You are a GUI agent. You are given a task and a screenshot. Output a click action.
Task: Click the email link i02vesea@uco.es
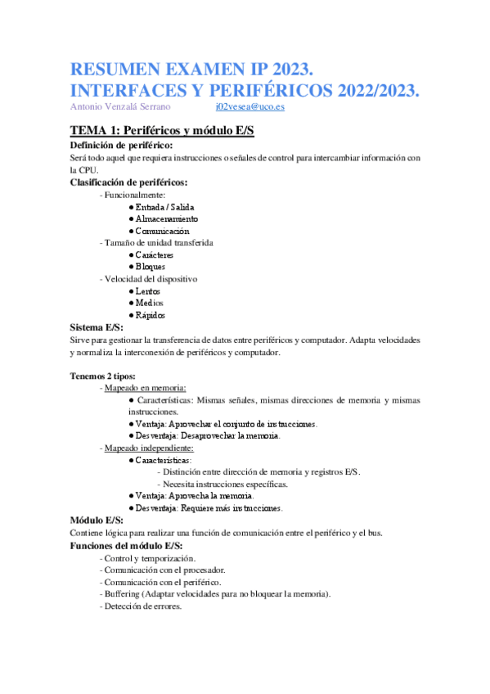point(250,107)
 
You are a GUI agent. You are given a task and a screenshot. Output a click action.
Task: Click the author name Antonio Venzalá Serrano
point(124,107)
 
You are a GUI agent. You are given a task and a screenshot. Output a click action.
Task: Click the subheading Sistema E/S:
point(97,327)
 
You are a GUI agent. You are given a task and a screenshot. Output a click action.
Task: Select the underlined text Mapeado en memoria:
point(144,387)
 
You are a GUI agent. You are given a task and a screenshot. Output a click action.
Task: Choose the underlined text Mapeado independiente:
point(148,448)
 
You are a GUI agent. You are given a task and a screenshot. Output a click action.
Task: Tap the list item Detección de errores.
point(142,606)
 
